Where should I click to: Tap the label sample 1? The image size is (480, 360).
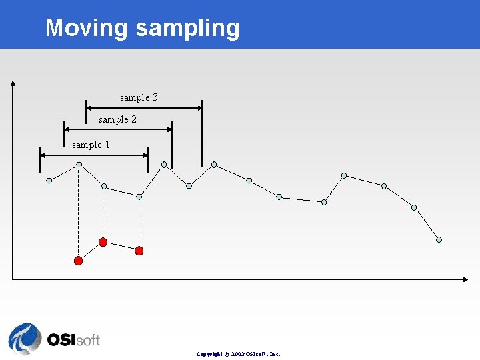point(91,145)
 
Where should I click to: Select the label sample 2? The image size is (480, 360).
point(117,119)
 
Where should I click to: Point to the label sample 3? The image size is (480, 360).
point(139,97)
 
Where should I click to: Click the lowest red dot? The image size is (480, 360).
point(78,261)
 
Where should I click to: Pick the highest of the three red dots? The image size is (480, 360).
point(103,241)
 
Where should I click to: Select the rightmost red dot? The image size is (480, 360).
point(139,251)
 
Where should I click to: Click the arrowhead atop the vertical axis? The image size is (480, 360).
point(13,84)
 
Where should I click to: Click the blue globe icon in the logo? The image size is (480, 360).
point(25,339)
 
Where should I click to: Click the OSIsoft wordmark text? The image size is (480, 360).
point(73,339)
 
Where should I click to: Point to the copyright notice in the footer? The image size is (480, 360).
point(239,354)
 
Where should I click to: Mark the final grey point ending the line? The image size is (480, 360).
point(439,240)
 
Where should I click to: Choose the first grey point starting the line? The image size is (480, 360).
point(49,180)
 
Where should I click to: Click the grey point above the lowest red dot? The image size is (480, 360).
point(79,164)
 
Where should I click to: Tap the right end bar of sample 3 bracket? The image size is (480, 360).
point(202,133)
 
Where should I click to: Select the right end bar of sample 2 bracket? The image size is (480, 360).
point(172,144)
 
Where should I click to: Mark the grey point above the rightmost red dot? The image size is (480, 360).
point(139,197)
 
